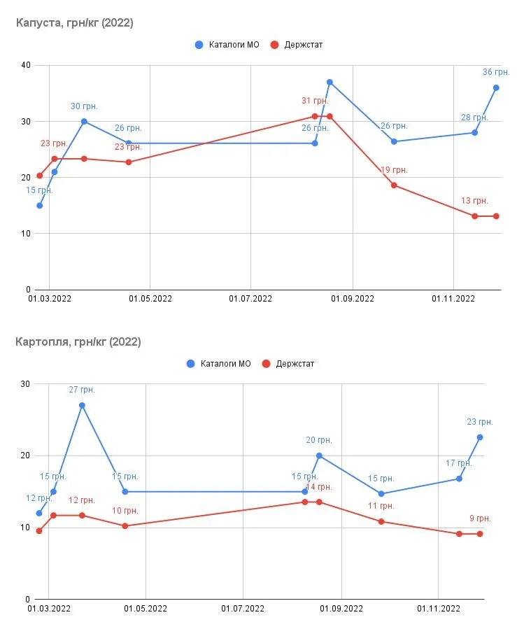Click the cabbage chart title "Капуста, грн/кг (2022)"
coord(75,23)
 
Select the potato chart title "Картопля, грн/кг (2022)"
coord(78,342)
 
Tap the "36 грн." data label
coord(496,72)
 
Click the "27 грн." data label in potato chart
coord(82,390)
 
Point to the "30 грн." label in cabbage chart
coord(84,106)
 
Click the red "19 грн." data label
coord(394,170)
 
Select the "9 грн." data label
coord(480,518)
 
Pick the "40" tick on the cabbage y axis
coord(27,66)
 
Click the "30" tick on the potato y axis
coord(27,384)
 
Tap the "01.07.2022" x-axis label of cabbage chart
coord(250,299)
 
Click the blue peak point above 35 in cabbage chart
coord(330,82)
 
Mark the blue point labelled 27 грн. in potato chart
coord(82,405)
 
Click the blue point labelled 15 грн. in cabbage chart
coord(39,206)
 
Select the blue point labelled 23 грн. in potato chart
coord(480,437)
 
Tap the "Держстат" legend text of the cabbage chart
coord(304,45)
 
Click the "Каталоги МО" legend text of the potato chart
coord(225,364)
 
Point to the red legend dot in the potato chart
coord(266,364)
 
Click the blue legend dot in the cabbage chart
coord(199,45)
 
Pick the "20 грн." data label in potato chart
coord(319,440)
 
